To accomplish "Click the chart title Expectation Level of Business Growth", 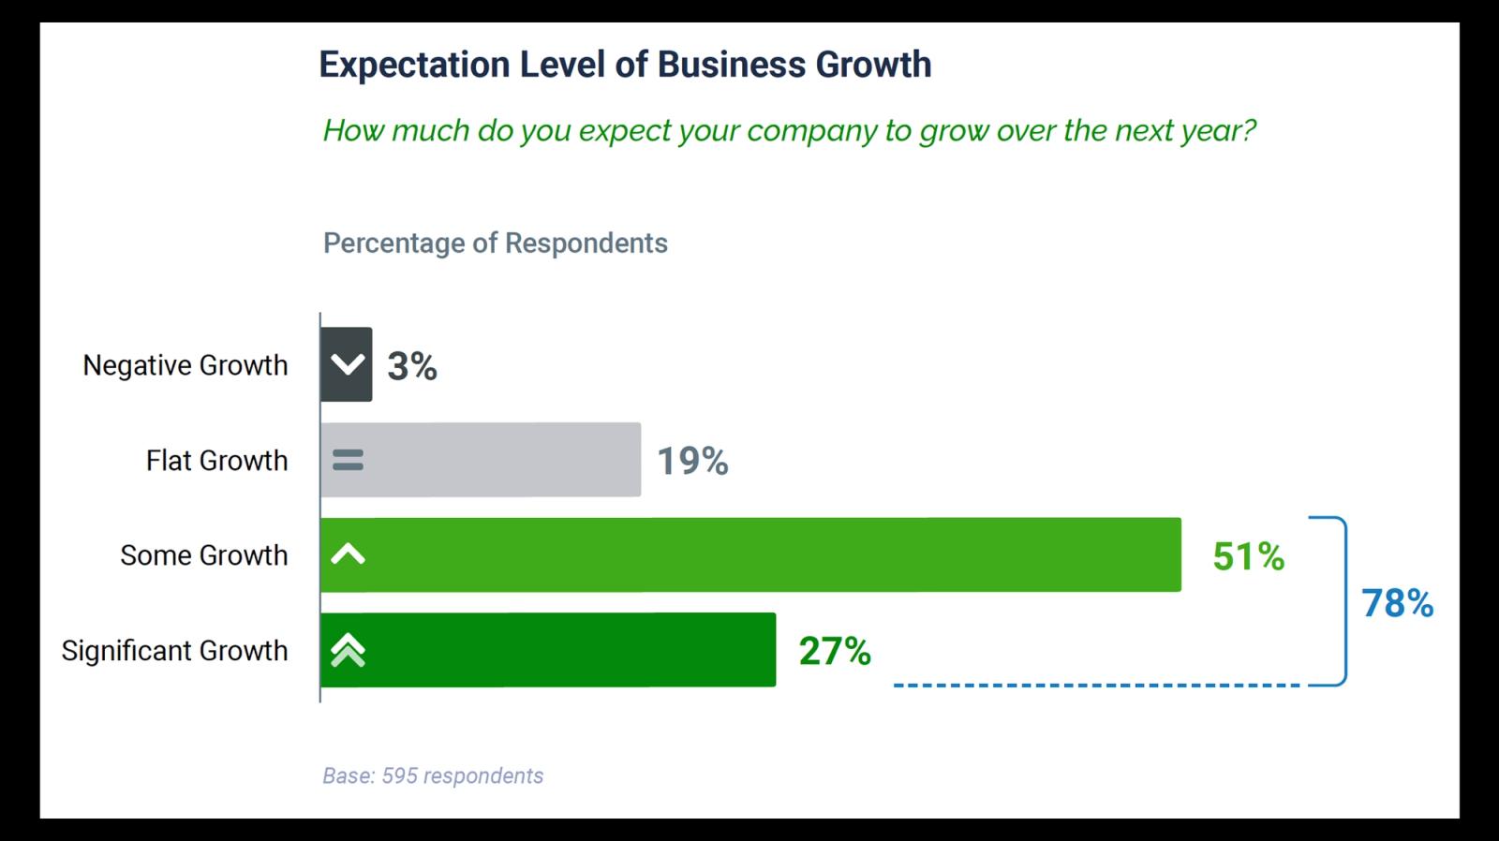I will tap(625, 65).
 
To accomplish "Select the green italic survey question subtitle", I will tap(789, 130).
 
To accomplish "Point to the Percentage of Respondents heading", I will tap(495, 243).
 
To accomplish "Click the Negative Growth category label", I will tap(186, 365).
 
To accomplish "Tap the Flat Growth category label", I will tap(216, 461).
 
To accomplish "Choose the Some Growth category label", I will tap(204, 555).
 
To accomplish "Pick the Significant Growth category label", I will tap(175, 651).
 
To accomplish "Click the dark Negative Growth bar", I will tap(347, 364).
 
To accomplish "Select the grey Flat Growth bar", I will tap(497, 460).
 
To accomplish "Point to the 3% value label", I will tap(412, 366).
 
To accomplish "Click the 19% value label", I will tap(692, 461).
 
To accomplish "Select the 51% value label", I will tap(1248, 556).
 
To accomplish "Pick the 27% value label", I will tap(835, 651).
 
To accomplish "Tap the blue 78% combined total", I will tap(1397, 604).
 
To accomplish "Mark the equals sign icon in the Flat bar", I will tap(348, 460).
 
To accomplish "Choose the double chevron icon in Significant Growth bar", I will tap(348, 650).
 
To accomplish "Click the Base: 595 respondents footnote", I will tap(433, 776).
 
